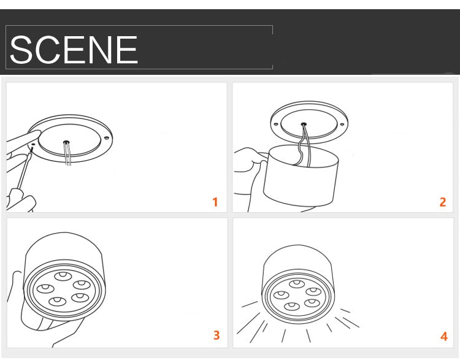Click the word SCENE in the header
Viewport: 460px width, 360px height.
(x=74, y=49)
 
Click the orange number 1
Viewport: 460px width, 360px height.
(x=215, y=202)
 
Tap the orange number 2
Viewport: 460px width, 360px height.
(x=443, y=202)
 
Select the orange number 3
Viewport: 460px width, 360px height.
(x=217, y=335)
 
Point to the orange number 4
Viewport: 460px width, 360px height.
(x=444, y=336)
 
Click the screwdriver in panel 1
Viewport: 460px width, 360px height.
(x=24, y=168)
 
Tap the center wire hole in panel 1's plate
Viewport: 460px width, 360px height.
(x=67, y=142)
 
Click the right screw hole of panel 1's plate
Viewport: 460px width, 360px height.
(x=107, y=137)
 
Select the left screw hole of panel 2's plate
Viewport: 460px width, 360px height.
(x=276, y=124)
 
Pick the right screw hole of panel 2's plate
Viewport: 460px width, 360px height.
(x=342, y=124)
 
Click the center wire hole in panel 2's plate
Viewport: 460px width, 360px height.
(x=304, y=124)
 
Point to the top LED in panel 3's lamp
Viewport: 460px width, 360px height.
(x=63, y=276)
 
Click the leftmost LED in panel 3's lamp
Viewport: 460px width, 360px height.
(x=45, y=288)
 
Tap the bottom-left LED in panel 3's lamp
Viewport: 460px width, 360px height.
(x=58, y=301)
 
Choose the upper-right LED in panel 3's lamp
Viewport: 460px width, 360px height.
(x=82, y=285)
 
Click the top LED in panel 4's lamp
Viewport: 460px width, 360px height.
(x=297, y=284)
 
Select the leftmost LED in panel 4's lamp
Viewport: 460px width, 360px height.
(x=282, y=294)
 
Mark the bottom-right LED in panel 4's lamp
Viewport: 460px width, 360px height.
(x=312, y=302)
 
